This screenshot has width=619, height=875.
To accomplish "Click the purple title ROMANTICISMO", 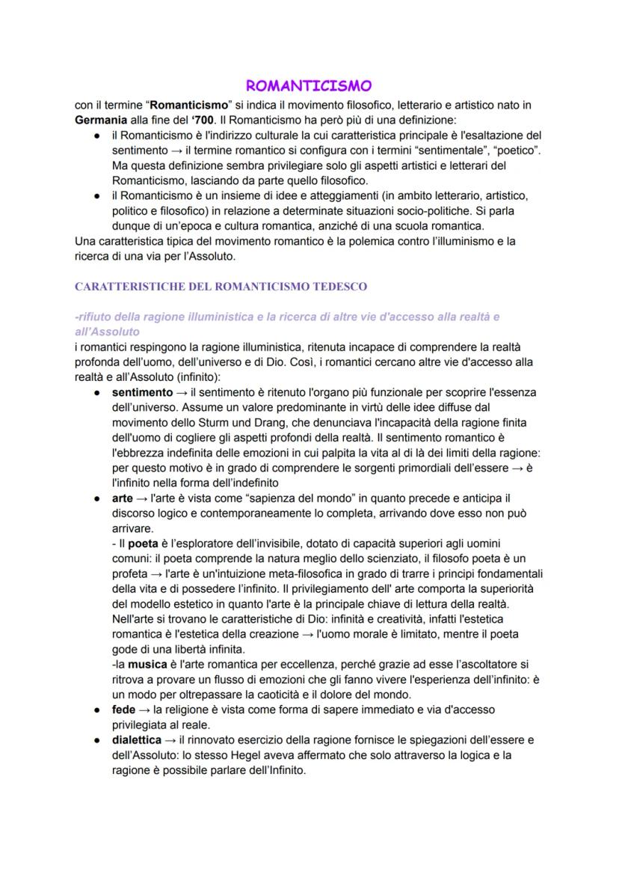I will point(309,86).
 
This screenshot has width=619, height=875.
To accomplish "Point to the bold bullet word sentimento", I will point(142,392).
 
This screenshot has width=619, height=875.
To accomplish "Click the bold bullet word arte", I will point(123,498).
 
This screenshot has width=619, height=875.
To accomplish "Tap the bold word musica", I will point(147,664).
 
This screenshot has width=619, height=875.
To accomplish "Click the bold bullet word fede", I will point(123,710).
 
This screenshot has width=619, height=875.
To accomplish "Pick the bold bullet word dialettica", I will point(137,740).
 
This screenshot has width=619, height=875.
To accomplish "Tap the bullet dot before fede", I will point(98,710).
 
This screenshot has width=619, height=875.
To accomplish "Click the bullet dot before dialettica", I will point(98,740).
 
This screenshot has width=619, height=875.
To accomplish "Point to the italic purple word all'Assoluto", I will point(108,331).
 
